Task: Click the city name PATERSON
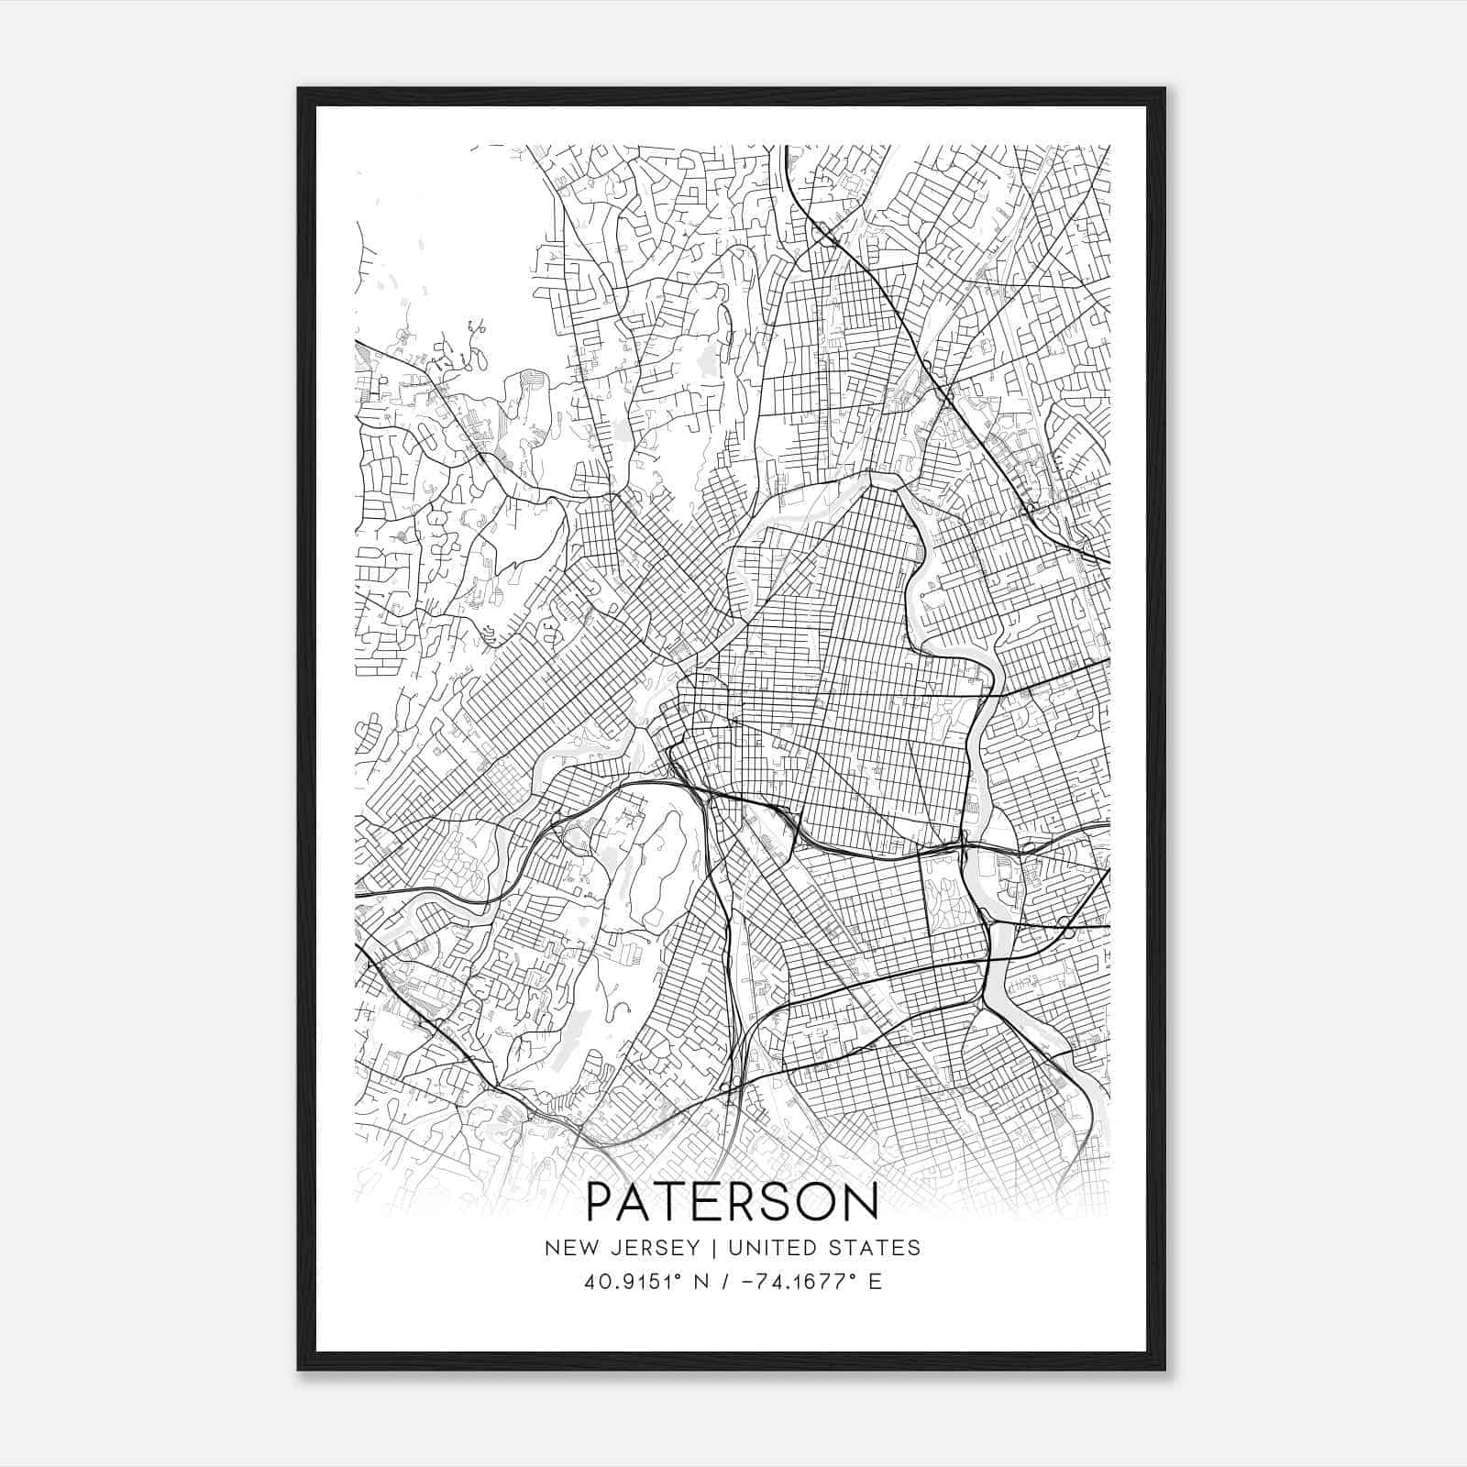click(732, 1202)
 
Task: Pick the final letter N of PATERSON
click(862, 1202)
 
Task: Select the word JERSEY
click(645, 1248)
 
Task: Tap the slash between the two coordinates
click(726, 1281)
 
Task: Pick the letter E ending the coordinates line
click(875, 1281)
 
